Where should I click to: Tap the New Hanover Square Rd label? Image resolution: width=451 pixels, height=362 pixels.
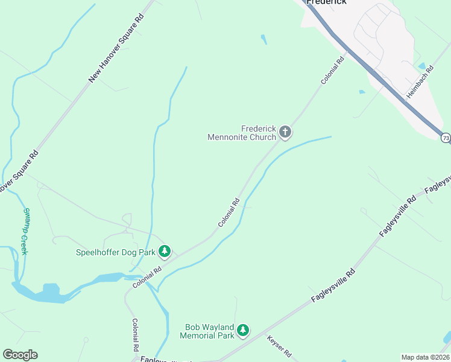click(x=117, y=49)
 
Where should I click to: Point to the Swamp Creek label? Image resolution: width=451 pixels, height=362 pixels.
click(x=25, y=231)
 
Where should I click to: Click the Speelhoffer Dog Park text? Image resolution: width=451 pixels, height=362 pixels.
click(x=115, y=253)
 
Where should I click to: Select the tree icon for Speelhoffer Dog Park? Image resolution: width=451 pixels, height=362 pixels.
click(x=165, y=251)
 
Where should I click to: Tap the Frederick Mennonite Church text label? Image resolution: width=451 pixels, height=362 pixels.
click(x=242, y=133)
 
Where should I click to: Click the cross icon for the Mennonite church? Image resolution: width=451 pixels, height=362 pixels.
click(x=285, y=132)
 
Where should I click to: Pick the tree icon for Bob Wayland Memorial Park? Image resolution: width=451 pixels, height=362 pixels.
click(x=242, y=329)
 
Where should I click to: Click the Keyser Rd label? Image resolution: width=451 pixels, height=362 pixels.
click(x=279, y=346)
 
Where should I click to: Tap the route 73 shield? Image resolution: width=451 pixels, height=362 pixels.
click(x=445, y=138)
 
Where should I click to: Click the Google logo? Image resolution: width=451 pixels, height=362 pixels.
click(x=20, y=355)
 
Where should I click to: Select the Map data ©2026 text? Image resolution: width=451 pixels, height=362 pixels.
click(x=425, y=357)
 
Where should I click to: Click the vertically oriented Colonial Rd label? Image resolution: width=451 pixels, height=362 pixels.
click(x=136, y=335)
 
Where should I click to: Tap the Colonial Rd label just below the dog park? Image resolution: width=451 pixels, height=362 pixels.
click(x=148, y=278)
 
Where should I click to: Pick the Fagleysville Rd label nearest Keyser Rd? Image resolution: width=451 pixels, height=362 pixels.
click(x=333, y=286)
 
